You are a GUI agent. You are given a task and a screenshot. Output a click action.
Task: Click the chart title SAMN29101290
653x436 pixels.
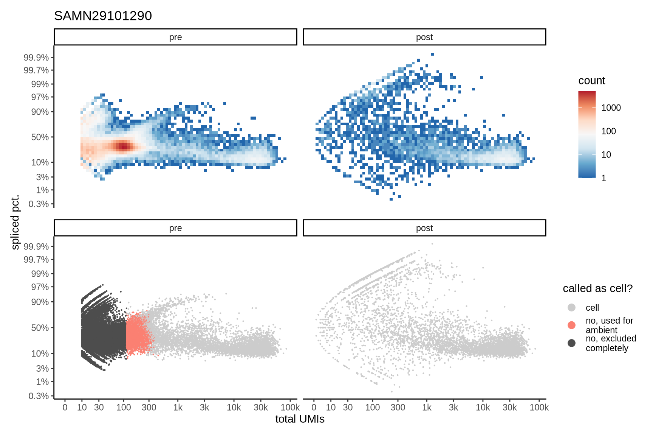[103, 16]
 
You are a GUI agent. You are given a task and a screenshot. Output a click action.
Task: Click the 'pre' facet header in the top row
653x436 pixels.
[175, 37]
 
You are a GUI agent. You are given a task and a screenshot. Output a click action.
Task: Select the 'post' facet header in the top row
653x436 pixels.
[424, 37]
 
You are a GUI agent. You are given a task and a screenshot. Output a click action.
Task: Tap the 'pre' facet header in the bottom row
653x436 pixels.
[175, 228]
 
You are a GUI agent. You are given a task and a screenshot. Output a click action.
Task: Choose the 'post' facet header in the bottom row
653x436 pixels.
[424, 228]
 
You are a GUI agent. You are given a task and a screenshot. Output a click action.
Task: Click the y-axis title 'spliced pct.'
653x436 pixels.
[15, 222]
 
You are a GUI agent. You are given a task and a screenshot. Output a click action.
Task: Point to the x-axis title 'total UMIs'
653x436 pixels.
[300, 419]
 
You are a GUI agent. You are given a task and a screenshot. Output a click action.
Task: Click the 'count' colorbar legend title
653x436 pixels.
[591, 81]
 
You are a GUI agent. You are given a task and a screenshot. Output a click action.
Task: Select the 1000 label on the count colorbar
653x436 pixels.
[611, 108]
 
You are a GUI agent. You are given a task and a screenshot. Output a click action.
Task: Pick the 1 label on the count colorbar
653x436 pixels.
[603, 178]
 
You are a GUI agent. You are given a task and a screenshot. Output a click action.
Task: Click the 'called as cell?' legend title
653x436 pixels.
[597, 288]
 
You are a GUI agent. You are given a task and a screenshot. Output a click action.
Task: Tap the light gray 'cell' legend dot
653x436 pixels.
[571, 308]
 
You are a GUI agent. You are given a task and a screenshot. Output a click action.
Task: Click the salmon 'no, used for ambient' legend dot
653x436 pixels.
[571, 325]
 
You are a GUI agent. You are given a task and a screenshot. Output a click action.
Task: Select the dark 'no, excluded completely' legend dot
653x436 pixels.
[571, 343]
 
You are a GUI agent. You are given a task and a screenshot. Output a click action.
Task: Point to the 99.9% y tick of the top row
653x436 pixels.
[36, 58]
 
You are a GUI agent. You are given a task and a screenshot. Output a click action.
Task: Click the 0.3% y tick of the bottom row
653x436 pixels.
[39, 396]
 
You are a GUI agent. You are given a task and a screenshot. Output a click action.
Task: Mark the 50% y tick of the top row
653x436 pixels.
[40, 137]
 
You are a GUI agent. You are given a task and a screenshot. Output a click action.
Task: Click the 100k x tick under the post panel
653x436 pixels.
[539, 408]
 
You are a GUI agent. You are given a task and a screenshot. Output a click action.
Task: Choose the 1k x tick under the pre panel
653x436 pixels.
[178, 408]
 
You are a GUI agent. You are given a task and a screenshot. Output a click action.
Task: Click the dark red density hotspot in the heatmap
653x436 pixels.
[123, 146]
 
